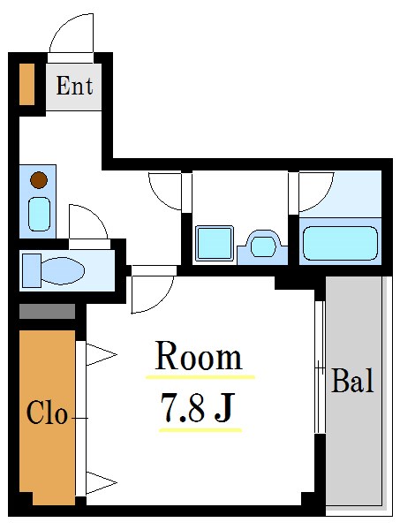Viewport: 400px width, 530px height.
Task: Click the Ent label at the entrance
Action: (74, 86)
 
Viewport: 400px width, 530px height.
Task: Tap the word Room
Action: (199, 356)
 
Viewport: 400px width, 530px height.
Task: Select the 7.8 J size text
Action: (198, 407)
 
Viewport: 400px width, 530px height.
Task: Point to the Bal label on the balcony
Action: (352, 380)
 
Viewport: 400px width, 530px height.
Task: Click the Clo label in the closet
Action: (47, 413)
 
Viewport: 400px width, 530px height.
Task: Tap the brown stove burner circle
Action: (39, 180)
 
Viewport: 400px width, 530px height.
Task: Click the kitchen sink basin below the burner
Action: (39, 215)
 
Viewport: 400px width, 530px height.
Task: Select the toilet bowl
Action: (63, 271)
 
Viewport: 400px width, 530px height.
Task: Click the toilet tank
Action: (32, 271)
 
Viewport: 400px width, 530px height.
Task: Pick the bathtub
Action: (340, 244)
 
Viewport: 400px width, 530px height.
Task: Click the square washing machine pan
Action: (215, 244)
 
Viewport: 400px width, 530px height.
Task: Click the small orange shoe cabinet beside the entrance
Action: (26, 84)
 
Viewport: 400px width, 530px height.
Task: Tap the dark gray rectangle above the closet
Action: (47, 311)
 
